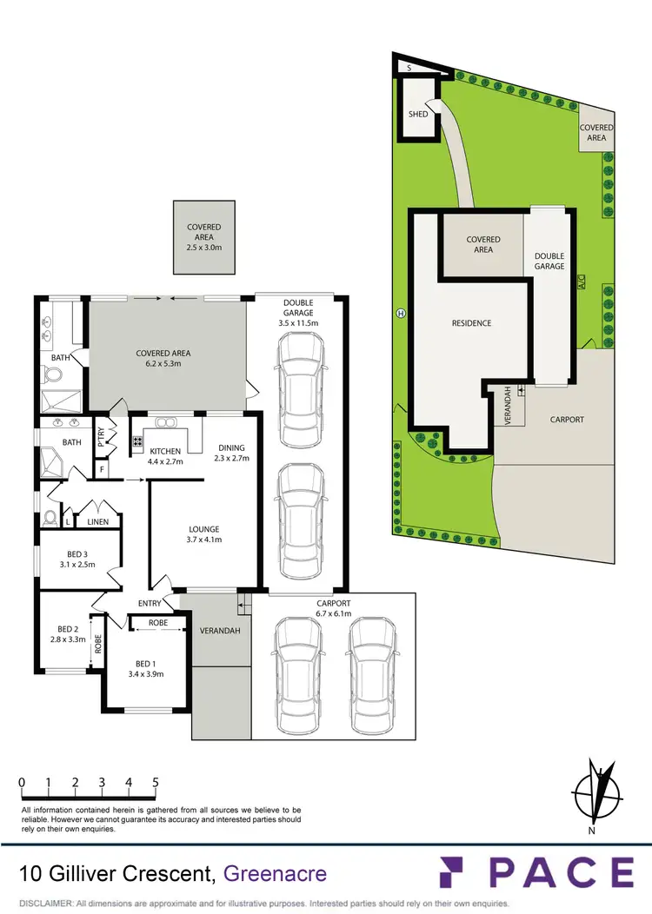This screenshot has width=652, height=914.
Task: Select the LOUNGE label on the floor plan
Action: pos(204,529)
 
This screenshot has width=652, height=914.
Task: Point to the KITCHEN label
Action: pos(164,452)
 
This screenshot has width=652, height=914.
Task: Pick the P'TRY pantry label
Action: pos(100,434)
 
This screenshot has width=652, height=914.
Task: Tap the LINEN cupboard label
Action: pos(96,521)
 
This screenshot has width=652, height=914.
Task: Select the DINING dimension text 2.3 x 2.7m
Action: pos(232,457)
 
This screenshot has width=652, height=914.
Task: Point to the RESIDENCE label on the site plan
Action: pos(471,323)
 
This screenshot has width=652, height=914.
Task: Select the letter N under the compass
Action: pos(591,830)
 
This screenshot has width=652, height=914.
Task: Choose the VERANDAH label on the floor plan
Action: pos(221,631)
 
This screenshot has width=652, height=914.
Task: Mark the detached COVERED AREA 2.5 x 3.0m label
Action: pos(204,237)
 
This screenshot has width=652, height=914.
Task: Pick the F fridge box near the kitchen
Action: pos(103,470)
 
